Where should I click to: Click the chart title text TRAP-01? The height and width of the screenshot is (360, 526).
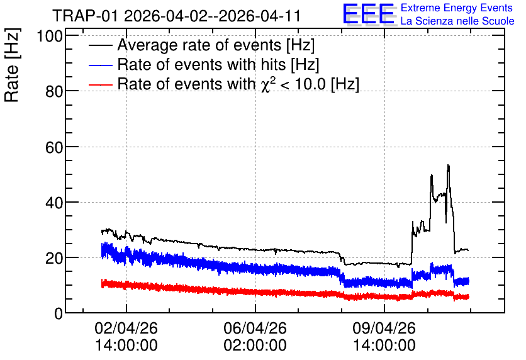86,16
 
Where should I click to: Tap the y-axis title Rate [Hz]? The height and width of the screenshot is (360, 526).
12,65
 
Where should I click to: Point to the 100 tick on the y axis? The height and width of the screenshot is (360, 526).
50,36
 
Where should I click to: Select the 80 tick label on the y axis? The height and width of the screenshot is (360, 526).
54,91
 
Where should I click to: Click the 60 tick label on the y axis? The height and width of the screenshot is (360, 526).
54,147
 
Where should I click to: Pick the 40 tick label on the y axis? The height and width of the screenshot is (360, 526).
54,203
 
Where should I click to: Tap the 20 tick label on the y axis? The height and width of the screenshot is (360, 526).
54,258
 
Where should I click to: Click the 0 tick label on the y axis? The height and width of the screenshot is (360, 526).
59,314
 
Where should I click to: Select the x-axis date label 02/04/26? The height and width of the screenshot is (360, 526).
126,328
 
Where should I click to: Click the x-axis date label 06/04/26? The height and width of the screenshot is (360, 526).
255,328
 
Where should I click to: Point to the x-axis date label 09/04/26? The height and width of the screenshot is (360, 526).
384,328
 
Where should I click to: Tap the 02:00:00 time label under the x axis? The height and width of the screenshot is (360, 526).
255,346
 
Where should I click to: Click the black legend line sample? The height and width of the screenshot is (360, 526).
101,45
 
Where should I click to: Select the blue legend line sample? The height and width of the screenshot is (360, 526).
101,65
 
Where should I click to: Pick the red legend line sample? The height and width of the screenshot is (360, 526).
101,84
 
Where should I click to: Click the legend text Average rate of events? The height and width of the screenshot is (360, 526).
199,45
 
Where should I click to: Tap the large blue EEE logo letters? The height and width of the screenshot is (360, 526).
369,14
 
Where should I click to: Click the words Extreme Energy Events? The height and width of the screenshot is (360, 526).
457,8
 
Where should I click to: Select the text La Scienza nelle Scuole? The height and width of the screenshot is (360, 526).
457,21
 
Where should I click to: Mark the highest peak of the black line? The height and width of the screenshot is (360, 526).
448,165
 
